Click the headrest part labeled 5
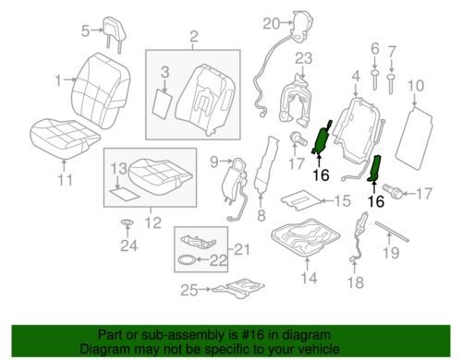point(113,30)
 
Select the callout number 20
point(272,23)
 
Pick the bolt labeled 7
point(391,83)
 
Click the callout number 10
point(416,85)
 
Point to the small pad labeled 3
point(163,102)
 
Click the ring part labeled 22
point(187,259)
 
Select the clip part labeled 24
point(128,222)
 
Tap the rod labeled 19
point(392,232)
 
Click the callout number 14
point(309,278)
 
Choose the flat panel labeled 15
point(301,199)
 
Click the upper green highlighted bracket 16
point(322,138)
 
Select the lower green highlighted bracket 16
point(375,168)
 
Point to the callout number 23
point(304,58)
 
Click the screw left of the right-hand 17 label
point(392,191)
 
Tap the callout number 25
point(189,290)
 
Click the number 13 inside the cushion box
point(119,168)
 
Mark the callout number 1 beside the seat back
point(58,80)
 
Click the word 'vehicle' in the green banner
point(319,349)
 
